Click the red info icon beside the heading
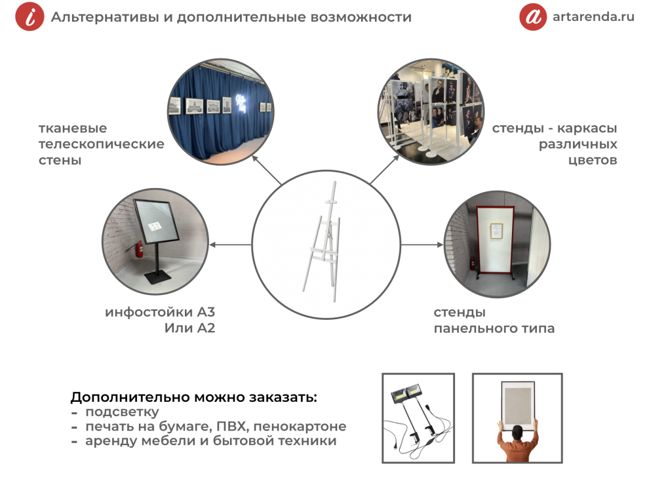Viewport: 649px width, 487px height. pyautogui.click(x=29, y=16)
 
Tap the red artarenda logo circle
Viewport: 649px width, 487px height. pyautogui.click(x=533, y=16)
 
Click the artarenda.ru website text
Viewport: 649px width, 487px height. pyautogui.click(x=593, y=16)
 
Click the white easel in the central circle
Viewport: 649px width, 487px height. pyautogui.click(x=325, y=242)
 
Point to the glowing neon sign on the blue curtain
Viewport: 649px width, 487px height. pyautogui.click(x=241, y=104)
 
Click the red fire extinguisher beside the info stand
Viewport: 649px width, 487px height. pyautogui.click(x=140, y=249)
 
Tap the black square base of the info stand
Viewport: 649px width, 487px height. pyautogui.click(x=158, y=277)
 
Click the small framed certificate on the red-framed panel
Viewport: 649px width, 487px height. pyautogui.click(x=496, y=231)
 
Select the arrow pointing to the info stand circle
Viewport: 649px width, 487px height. pyautogui.click(x=231, y=244)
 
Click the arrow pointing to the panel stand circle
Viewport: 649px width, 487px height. pyautogui.click(x=422, y=244)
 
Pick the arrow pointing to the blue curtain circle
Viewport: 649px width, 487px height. pyautogui.click(x=267, y=170)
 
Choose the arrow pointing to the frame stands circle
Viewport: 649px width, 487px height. pyautogui.click(x=385, y=169)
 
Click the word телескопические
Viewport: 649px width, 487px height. pyautogui.click(x=102, y=144)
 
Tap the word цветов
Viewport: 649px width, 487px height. pyautogui.click(x=593, y=160)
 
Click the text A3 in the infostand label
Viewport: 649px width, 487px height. pyautogui.click(x=206, y=312)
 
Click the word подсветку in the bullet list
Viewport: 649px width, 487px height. pyautogui.click(x=122, y=412)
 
